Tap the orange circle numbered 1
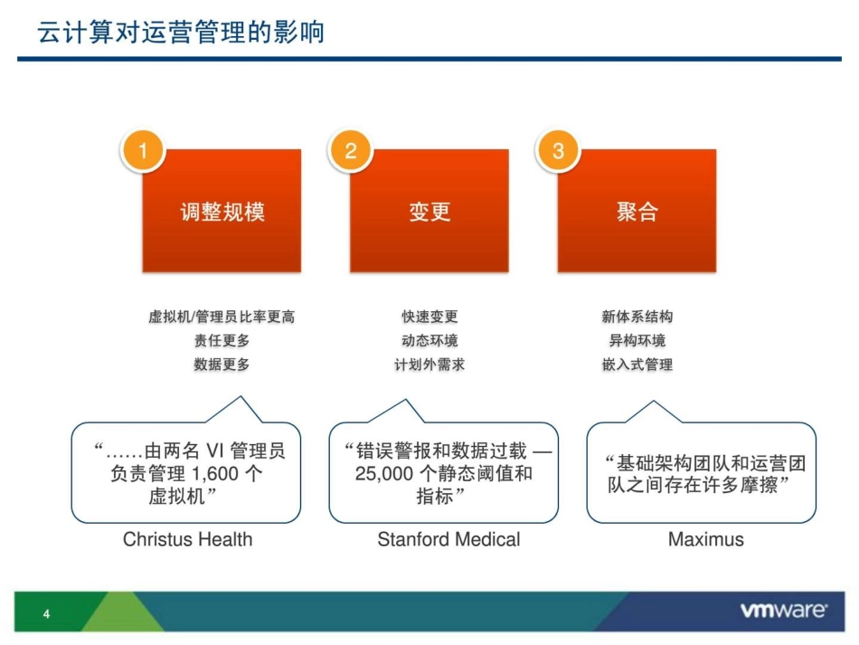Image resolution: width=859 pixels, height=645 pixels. tap(143, 150)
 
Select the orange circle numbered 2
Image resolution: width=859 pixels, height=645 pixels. tap(351, 150)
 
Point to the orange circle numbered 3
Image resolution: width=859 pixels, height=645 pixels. tap(558, 150)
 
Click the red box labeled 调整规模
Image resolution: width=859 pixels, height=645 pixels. tap(222, 212)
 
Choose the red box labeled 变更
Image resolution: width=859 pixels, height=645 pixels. tap(429, 212)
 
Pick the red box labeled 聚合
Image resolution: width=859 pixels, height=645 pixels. tap(637, 212)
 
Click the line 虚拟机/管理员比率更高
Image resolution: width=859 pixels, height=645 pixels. tap(222, 317)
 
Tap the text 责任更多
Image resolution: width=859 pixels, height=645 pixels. tap(222, 341)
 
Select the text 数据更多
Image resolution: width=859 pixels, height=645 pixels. tap(222, 365)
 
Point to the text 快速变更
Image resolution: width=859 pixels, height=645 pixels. tap(429, 317)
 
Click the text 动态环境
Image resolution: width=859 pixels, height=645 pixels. tap(429, 341)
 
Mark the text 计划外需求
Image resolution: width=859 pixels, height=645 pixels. tap(429, 365)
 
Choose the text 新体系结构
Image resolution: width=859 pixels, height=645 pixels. tap(637, 317)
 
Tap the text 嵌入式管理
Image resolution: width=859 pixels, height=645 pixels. tap(637, 365)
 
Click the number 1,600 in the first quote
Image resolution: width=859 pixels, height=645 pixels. tap(217, 473)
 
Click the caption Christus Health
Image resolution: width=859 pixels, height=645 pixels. tap(187, 539)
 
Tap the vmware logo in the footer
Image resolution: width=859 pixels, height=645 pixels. tap(783, 611)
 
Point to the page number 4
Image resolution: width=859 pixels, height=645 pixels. tap(47, 616)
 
